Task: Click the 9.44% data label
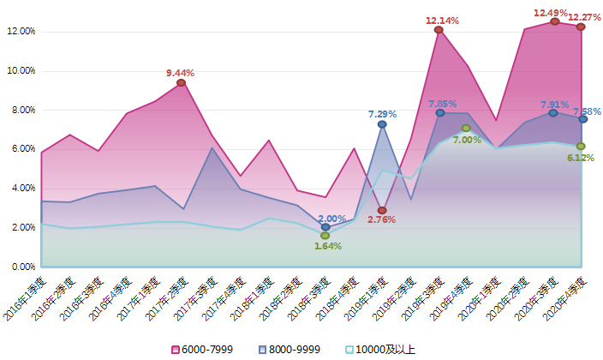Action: click(x=180, y=73)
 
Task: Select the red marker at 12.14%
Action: click(x=439, y=30)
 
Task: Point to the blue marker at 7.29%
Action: click(x=382, y=124)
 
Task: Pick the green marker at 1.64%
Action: click(x=325, y=235)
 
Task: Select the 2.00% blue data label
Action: click(x=331, y=219)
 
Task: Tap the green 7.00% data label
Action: click(x=467, y=140)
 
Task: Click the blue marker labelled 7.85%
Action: click(x=440, y=113)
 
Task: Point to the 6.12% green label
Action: click(x=580, y=158)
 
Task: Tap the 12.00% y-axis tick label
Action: click(x=21, y=32)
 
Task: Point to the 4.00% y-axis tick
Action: click(x=21, y=188)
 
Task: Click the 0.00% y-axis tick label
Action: click(x=21, y=267)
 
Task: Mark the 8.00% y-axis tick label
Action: click(x=21, y=110)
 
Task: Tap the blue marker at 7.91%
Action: click(x=553, y=113)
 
